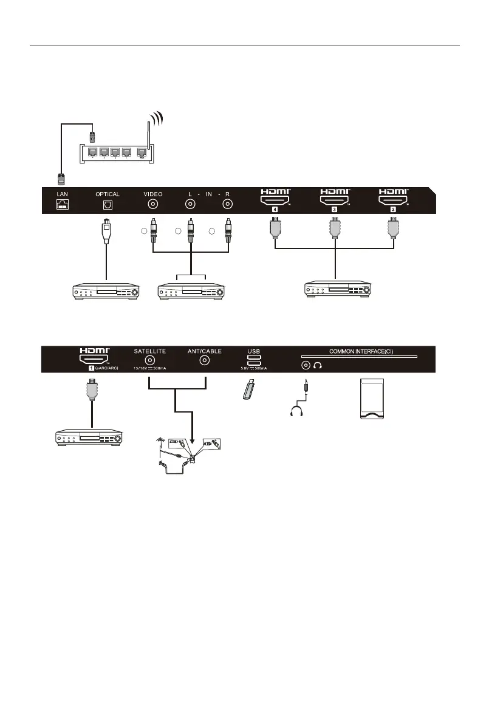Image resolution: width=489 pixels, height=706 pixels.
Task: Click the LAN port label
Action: click(x=63, y=194)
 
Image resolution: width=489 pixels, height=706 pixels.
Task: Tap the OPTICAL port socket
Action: click(x=107, y=205)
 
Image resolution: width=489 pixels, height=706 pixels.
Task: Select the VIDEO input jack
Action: click(x=153, y=205)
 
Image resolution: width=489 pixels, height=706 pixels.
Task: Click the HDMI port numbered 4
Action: click(x=276, y=199)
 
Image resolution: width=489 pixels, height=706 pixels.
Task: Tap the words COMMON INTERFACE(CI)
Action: click(x=359, y=351)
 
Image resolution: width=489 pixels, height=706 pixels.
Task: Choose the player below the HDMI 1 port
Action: click(x=88, y=436)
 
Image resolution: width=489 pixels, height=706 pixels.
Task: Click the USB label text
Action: click(x=253, y=351)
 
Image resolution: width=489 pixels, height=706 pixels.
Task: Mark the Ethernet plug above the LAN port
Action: click(x=62, y=178)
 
